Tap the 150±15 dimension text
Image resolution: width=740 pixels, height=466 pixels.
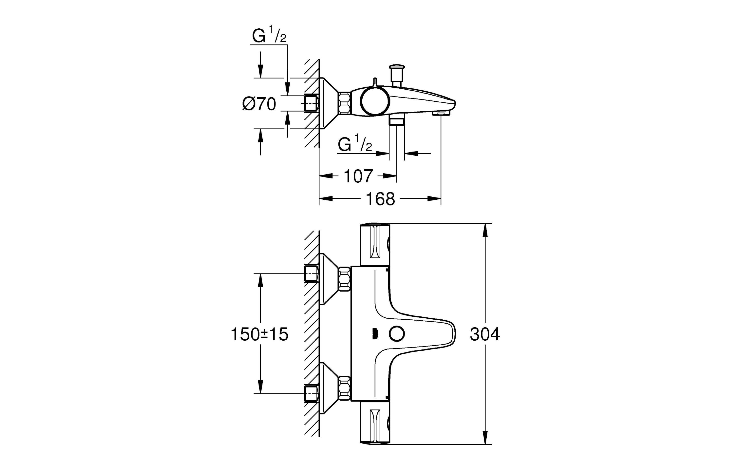pyautogui.click(x=260, y=334)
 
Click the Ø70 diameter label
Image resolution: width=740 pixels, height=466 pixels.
pyautogui.click(x=259, y=104)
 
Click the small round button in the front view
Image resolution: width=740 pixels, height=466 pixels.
pyautogui.click(x=396, y=334)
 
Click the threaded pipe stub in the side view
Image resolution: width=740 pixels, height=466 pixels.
pyautogui.click(x=311, y=103)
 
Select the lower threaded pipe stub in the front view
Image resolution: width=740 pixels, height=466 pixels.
pyautogui.click(x=311, y=393)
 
